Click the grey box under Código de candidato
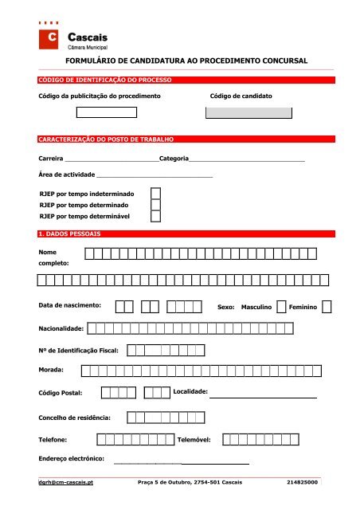coord(248,113)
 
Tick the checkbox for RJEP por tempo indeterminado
coord(156,193)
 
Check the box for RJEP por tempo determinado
coord(156,204)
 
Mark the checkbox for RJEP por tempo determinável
coord(156,215)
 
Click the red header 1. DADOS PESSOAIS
coord(68,233)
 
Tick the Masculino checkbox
coord(281,306)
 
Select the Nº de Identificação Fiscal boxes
coord(166,349)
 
